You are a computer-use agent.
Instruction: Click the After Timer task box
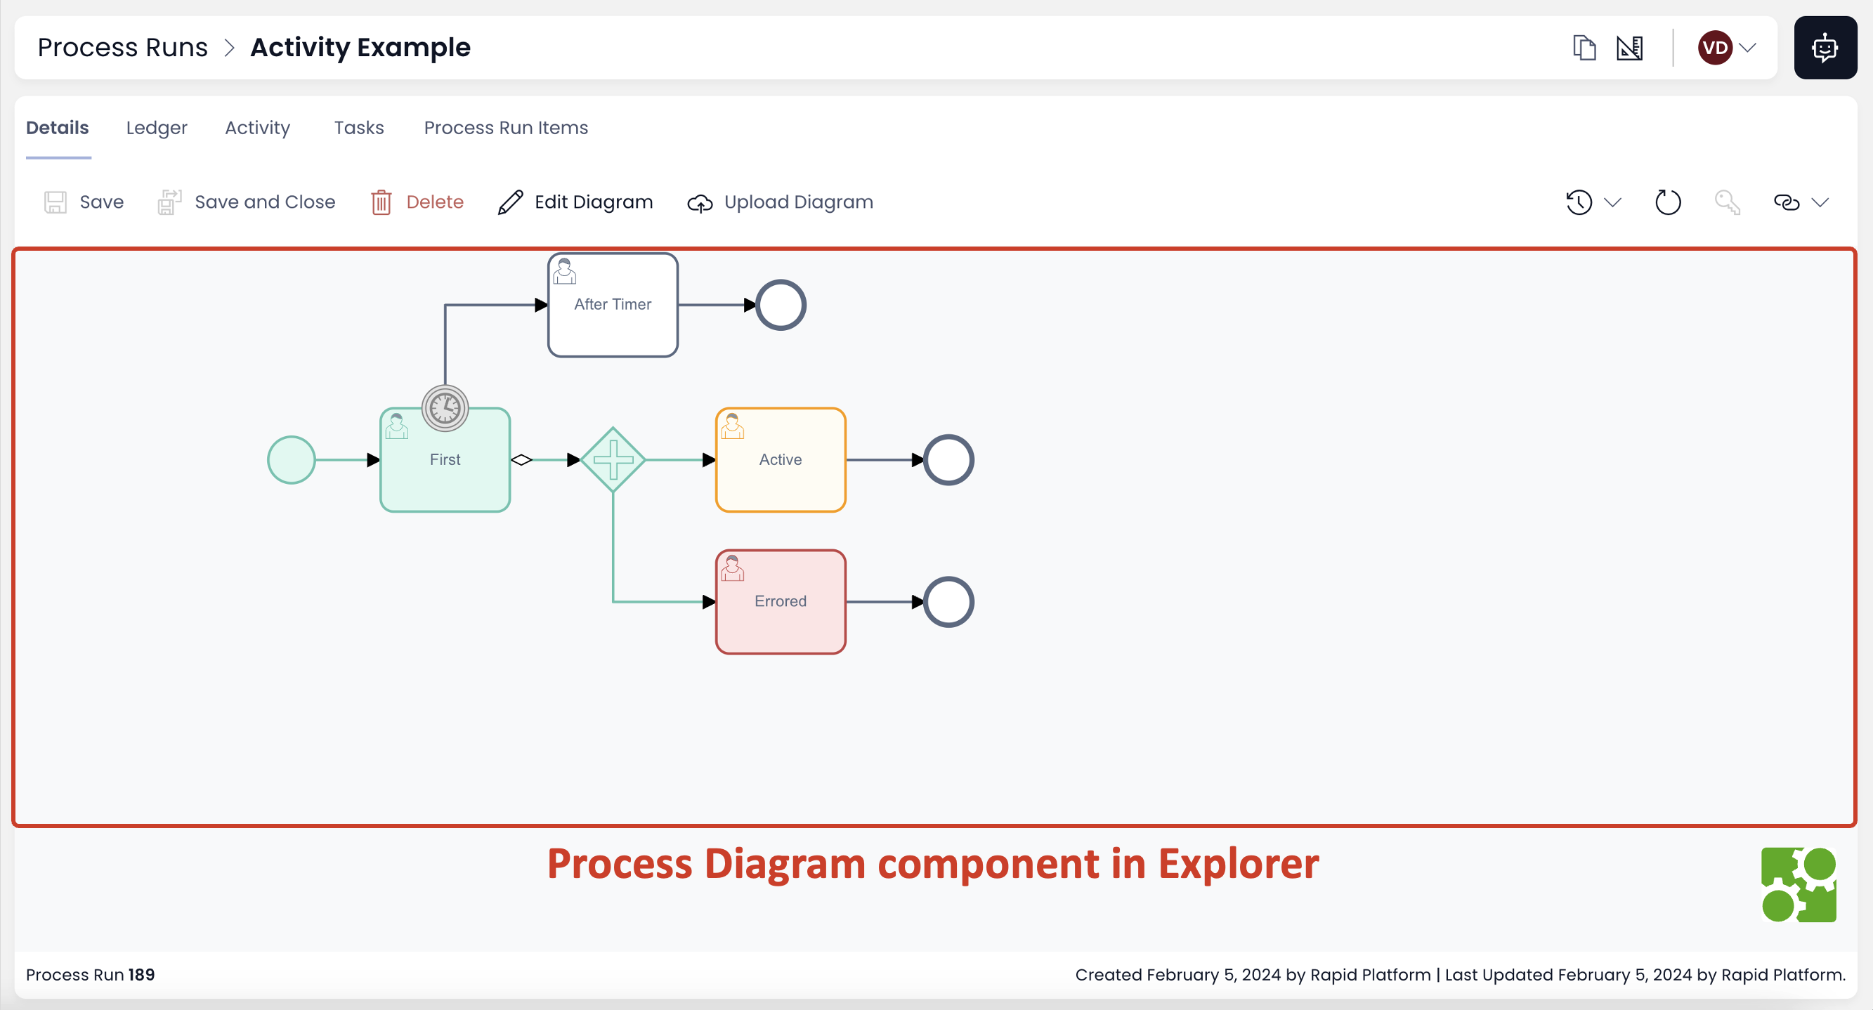[612, 305]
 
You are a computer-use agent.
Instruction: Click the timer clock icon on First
[444, 408]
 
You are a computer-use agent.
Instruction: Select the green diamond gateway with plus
[612, 459]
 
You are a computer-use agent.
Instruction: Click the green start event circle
[291, 459]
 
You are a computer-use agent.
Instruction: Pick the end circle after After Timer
[780, 305]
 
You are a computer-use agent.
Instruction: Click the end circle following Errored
[948, 601]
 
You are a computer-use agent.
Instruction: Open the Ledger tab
[157, 128]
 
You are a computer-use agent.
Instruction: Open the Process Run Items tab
[505, 128]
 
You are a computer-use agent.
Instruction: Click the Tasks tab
[358, 128]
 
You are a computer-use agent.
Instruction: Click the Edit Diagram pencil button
[575, 202]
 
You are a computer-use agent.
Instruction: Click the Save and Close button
[247, 202]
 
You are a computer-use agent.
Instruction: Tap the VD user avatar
[1714, 48]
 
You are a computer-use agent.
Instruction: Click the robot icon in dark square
[1825, 48]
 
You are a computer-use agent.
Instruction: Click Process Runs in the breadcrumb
[122, 48]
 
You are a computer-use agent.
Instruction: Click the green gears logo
[1798, 884]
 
